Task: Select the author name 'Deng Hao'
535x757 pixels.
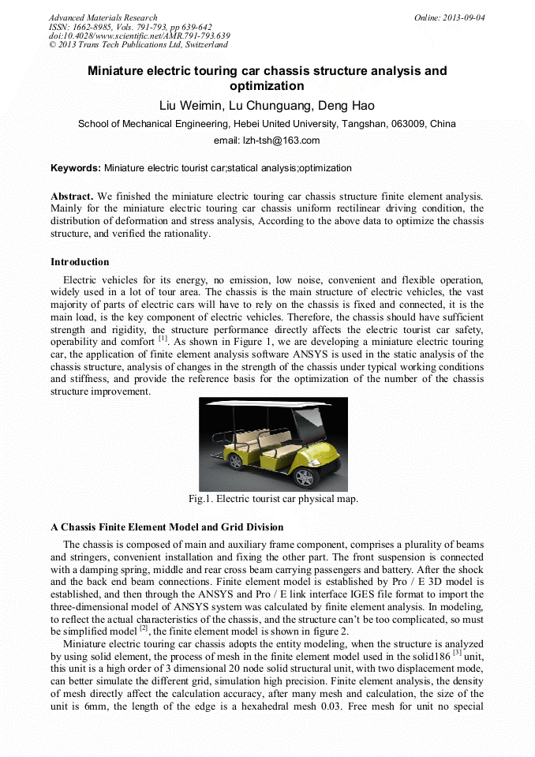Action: (346, 105)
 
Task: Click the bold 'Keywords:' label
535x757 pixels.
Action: (76, 168)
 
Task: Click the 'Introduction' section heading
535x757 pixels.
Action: (80, 262)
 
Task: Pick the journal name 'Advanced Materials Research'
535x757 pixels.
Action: (103, 17)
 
